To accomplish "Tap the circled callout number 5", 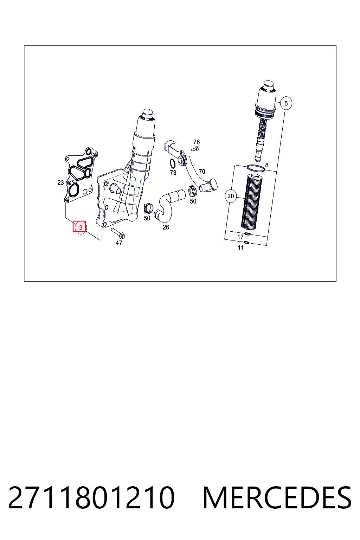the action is click(x=286, y=103).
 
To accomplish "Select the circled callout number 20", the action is click(x=231, y=196).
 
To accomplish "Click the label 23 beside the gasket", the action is click(x=60, y=183).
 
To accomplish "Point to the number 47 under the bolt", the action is click(x=118, y=243).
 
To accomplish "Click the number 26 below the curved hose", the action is click(x=166, y=227).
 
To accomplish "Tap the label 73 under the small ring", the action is click(x=173, y=173).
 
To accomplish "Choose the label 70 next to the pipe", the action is click(x=202, y=172).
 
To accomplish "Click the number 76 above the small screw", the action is click(x=197, y=142).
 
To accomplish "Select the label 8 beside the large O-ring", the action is click(x=267, y=165).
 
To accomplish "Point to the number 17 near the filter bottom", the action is click(x=240, y=237).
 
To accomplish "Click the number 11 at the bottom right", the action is click(x=240, y=247).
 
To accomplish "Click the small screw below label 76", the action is click(x=195, y=149).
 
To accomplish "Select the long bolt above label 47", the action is click(x=118, y=233).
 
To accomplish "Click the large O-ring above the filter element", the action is click(x=256, y=168).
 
